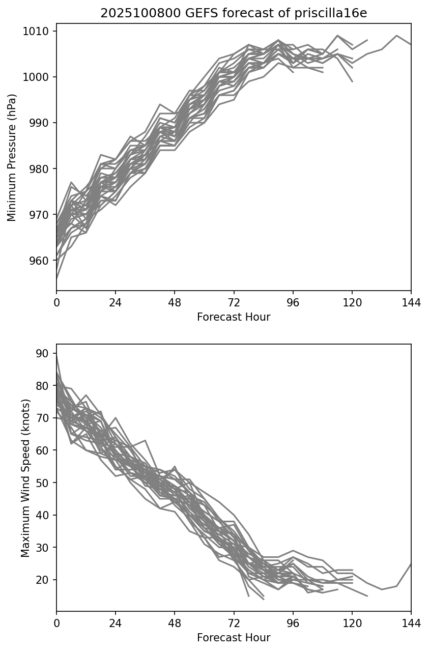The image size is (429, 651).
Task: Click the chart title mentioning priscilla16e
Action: click(x=234, y=13)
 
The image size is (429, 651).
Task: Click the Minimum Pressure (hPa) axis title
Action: click(x=12, y=157)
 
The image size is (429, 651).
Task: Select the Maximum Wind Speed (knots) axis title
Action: click(x=25, y=477)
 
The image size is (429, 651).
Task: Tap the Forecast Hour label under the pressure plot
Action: click(x=234, y=317)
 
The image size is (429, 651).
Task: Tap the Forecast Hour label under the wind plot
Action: click(x=234, y=638)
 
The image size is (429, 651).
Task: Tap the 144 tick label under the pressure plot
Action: click(x=411, y=303)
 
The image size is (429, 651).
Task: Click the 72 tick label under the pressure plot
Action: click(x=234, y=303)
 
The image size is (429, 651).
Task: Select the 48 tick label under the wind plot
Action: click(x=175, y=624)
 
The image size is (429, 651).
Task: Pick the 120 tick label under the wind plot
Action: click(x=352, y=624)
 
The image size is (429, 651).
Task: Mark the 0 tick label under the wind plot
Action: click(x=56, y=624)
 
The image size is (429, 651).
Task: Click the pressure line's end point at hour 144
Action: click(x=411, y=44)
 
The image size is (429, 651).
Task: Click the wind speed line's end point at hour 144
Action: click(x=411, y=564)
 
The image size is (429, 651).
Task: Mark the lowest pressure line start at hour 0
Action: click(x=57, y=279)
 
